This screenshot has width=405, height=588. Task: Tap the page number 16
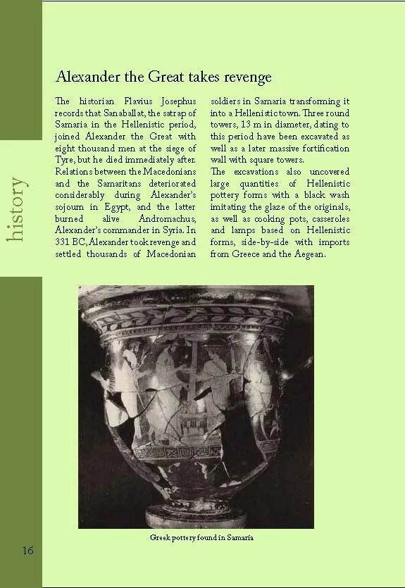click(x=27, y=550)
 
